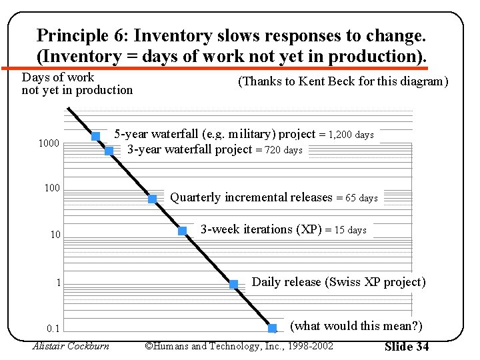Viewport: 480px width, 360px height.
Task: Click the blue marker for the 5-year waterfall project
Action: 95,136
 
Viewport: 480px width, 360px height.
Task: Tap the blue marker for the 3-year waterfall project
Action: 109,151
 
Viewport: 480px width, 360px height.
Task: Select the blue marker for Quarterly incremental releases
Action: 152,199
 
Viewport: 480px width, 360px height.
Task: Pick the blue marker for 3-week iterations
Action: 182,231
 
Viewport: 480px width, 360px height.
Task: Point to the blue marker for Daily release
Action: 233,284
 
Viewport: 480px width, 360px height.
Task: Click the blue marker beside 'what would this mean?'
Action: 272,328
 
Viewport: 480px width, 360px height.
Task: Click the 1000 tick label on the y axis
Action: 49,143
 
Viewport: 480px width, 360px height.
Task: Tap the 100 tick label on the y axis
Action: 52,188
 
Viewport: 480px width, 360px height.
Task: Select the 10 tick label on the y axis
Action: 55,235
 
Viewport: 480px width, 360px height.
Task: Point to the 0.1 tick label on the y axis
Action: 53,329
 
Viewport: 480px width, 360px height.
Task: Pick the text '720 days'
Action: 283,150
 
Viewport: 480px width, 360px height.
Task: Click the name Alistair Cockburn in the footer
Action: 71,345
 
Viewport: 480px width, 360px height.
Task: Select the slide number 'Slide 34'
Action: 407,346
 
